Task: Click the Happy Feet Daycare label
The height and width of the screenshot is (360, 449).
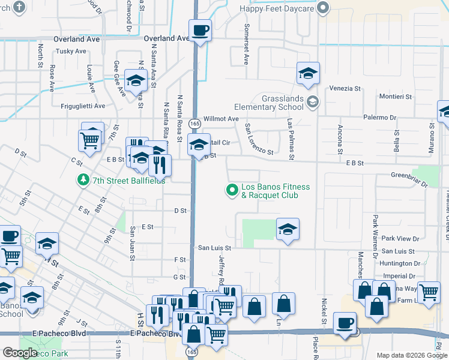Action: (x=277, y=8)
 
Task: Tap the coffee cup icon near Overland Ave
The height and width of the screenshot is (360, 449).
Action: (x=200, y=29)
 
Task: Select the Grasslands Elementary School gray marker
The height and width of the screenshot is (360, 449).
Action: (x=312, y=101)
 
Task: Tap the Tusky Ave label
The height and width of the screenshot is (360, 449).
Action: (x=72, y=51)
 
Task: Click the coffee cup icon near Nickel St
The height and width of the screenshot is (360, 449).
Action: (x=345, y=322)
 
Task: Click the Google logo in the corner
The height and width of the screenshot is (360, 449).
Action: (x=19, y=353)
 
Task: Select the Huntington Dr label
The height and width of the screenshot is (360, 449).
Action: (x=400, y=263)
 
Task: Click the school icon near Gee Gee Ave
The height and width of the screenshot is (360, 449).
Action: (x=136, y=80)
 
